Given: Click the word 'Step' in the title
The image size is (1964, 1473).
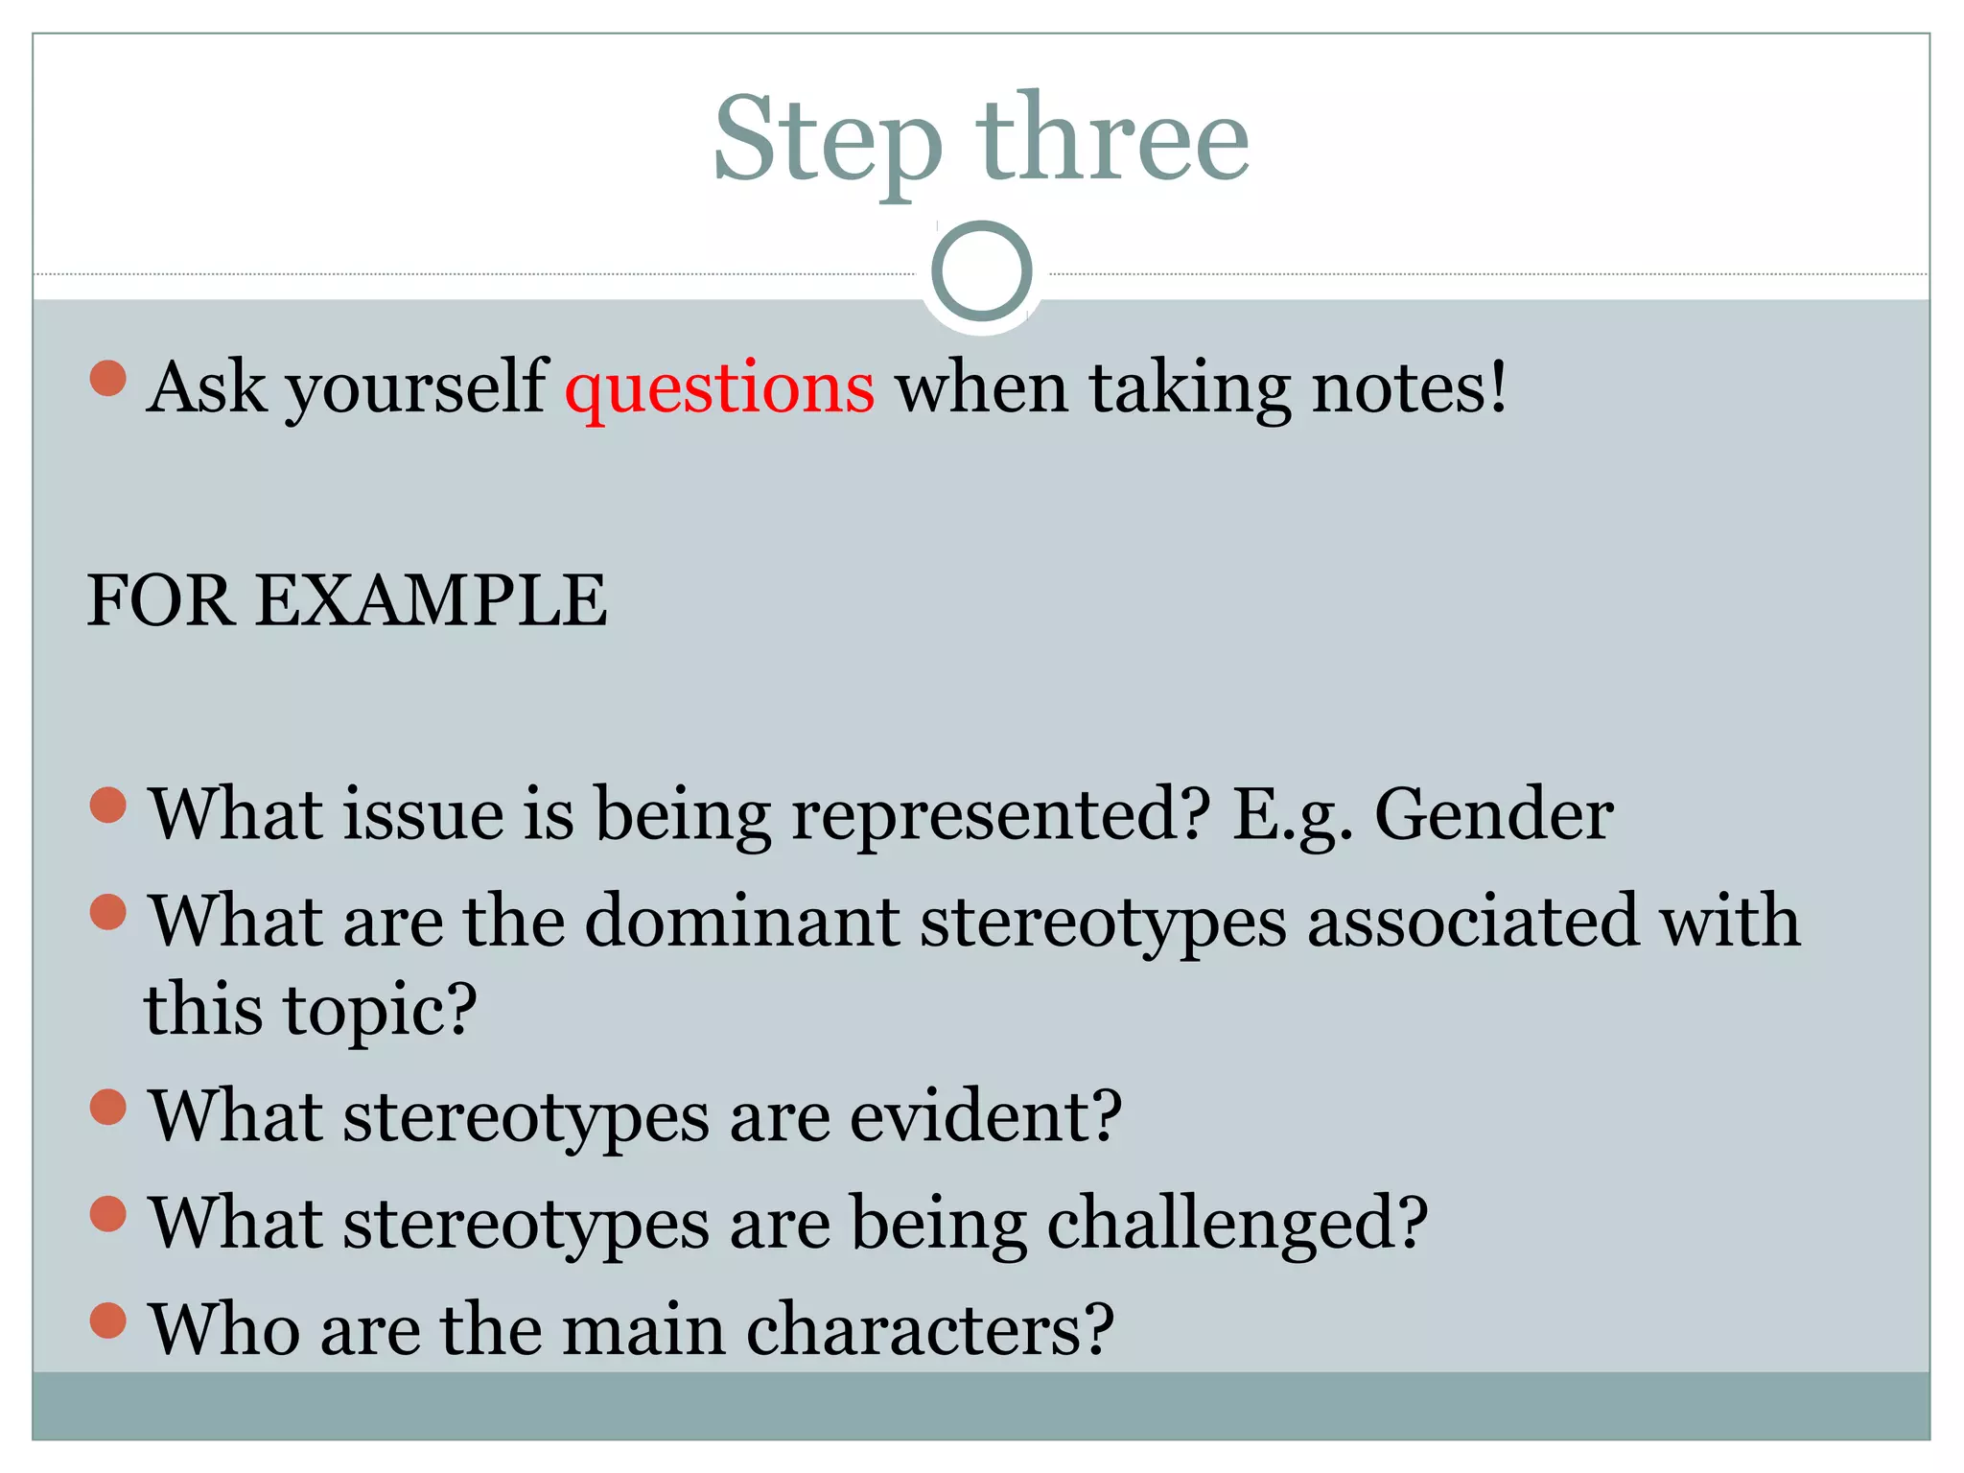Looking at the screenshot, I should point(827,141).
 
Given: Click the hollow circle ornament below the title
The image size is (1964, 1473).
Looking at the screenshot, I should point(981,270).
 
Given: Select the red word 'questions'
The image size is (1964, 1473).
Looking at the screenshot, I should point(719,388).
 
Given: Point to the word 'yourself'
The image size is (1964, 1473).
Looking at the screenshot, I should point(416,388).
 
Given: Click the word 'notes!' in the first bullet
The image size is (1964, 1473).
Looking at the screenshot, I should point(1409,388).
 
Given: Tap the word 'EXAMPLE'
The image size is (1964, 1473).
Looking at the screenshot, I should point(432,601).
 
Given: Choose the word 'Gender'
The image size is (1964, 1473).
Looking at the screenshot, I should point(1493,815).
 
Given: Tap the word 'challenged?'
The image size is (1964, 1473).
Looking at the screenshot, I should point(1237,1225).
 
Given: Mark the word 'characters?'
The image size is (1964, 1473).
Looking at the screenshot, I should point(929,1331).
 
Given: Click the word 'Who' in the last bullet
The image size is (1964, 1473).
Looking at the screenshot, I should point(223,1331).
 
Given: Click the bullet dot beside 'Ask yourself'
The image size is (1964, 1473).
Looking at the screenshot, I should point(108,378).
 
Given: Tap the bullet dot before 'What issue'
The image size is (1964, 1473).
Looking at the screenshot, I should point(108,806).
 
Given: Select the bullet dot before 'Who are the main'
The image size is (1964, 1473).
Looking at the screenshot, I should point(108,1321).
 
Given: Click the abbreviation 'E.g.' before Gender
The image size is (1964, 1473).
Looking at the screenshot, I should point(1292,815).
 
